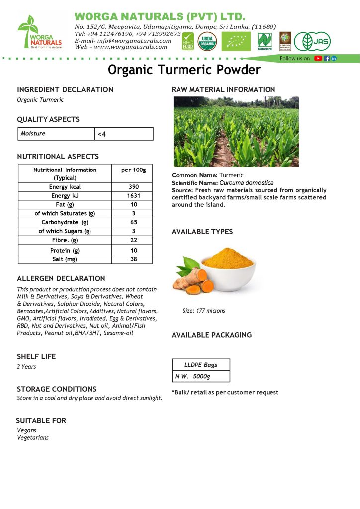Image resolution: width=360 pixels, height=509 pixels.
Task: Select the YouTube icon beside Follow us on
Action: [318, 58]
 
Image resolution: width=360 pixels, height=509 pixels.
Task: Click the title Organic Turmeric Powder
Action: [184, 70]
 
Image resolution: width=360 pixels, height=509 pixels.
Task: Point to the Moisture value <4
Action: [102, 134]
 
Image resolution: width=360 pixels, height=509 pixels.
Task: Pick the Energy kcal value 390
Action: [133, 187]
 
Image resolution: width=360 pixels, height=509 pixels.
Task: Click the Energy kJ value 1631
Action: [133, 196]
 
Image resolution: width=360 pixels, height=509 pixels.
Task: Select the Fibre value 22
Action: [133, 240]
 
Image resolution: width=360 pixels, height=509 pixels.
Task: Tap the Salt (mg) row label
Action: [65, 259]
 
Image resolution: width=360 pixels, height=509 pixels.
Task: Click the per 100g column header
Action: [133, 170]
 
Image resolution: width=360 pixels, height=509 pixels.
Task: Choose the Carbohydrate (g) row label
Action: [65, 222]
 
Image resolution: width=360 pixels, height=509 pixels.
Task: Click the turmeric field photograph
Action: [236, 131]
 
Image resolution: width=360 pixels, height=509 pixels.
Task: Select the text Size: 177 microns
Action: [204, 311]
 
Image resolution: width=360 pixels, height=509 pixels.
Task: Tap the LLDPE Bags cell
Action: [201, 365]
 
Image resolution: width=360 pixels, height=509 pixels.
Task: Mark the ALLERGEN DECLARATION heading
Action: [61, 278]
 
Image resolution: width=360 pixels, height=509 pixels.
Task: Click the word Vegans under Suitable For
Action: [27, 430]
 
